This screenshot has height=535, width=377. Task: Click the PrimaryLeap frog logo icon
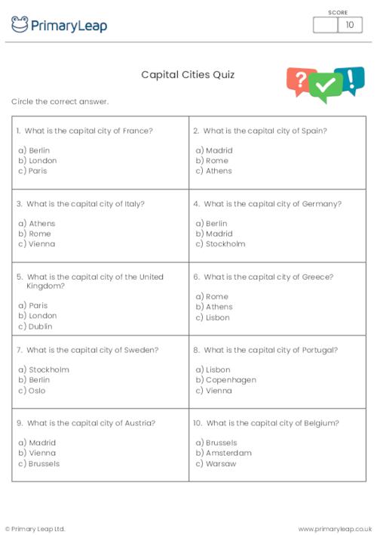[x=20, y=25]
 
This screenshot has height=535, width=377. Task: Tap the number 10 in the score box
[x=349, y=25]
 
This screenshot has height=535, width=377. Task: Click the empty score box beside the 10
[x=325, y=25]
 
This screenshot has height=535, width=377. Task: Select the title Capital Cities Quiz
[x=188, y=75]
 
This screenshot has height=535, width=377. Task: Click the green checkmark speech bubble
[x=326, y=88]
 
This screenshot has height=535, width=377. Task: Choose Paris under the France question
[x=38, y=171]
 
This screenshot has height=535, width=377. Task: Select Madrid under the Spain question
[x=219, y=150]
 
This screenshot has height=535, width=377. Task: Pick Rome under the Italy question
[x=39, y=233]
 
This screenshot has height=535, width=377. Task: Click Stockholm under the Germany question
[x=225, y=244]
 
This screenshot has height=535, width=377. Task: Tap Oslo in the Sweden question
[x=37, y=391]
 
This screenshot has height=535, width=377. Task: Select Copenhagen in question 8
[x=231, y=380]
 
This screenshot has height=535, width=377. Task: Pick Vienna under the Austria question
[x=42, y=453]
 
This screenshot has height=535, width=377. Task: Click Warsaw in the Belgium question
[x=220, y=464]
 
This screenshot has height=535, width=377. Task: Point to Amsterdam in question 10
[x=228, y=453]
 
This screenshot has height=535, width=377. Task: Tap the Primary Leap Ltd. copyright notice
[x=35, y=529]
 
